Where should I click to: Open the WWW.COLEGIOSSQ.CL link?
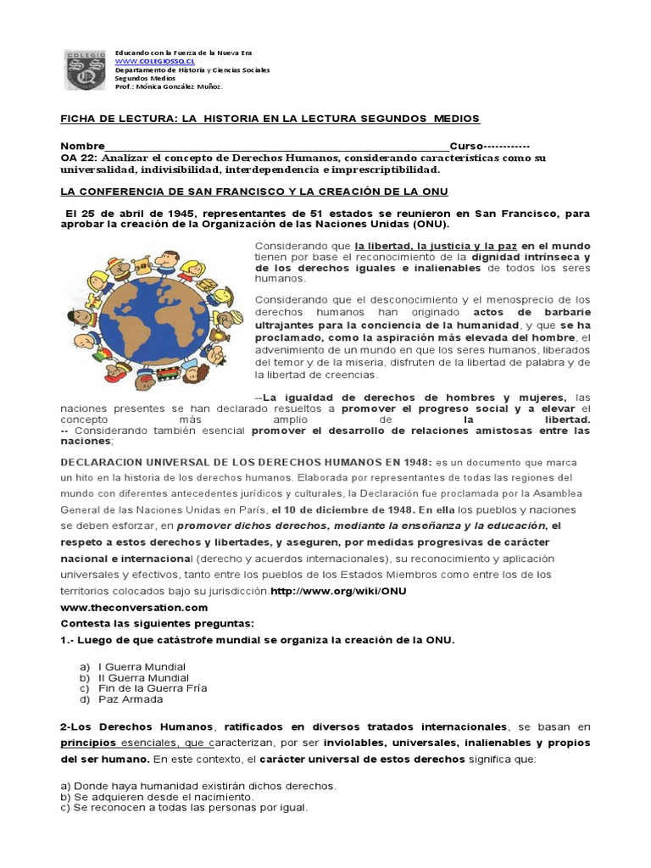tap(149, 61)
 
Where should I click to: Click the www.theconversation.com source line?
tap(134, 608)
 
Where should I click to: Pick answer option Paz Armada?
tap(131, 699)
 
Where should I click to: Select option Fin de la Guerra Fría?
tap(153, 688)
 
